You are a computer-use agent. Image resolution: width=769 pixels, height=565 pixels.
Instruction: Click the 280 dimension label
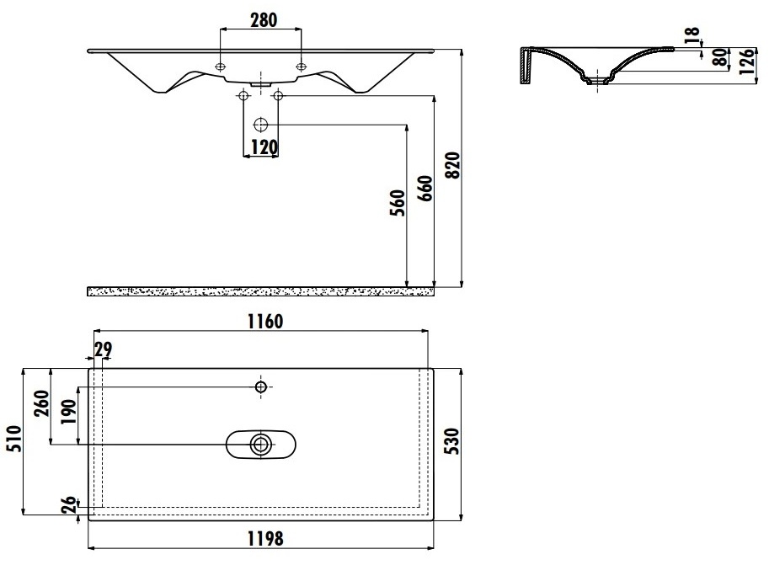(264, 20)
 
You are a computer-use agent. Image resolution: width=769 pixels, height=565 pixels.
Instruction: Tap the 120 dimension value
(264, 147)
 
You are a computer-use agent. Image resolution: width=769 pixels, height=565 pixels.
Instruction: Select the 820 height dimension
(453, 165)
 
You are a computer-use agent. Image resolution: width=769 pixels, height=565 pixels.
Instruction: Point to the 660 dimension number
(425, 189)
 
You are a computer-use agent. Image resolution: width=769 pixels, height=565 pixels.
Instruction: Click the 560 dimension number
(398, 203)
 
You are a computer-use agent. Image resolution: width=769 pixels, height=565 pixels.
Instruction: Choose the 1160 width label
(264, 322)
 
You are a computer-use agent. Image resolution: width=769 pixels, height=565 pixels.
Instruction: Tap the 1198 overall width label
(264, 539)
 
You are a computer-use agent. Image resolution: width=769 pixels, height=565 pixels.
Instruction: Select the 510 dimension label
(13, 439)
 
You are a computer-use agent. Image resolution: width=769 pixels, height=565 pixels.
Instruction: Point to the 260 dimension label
(41, 403)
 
